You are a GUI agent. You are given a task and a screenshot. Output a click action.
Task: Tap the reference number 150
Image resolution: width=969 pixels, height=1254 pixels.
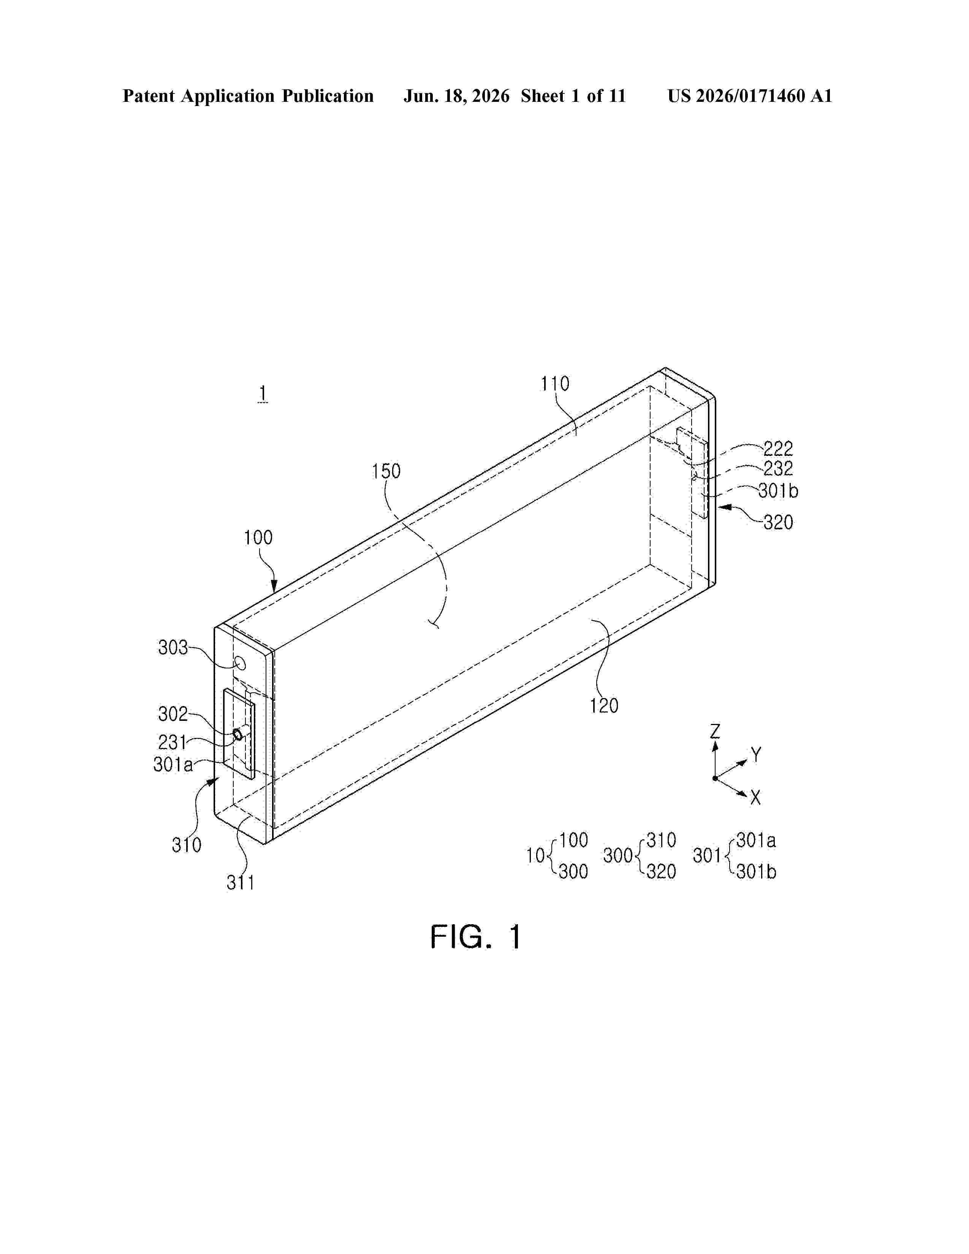386,472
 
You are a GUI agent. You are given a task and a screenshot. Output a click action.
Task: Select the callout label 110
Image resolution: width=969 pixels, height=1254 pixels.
554,383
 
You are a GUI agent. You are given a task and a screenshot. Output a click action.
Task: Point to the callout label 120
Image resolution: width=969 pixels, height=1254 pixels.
604,706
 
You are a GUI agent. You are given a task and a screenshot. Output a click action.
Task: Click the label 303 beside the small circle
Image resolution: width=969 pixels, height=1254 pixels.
173,648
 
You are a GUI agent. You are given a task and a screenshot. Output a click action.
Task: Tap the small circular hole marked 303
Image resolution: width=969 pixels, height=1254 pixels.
241,664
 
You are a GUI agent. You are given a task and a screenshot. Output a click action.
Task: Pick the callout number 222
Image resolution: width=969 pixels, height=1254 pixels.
778,448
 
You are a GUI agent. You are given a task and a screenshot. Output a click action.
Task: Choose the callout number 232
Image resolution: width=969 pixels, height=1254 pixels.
778,469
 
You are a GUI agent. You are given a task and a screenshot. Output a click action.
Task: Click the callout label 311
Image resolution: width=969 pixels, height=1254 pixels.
241,882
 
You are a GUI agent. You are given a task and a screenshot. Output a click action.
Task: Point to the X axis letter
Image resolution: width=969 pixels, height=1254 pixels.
755,798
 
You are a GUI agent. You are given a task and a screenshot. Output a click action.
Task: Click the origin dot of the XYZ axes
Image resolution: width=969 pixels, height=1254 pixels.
715,778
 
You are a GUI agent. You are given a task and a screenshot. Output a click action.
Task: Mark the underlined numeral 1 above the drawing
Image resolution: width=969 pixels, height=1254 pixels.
263,394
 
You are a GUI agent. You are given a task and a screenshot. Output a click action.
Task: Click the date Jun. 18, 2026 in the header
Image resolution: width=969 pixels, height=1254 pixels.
456,96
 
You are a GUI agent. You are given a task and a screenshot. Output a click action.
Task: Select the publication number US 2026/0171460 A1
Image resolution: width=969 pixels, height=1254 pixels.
750,96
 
